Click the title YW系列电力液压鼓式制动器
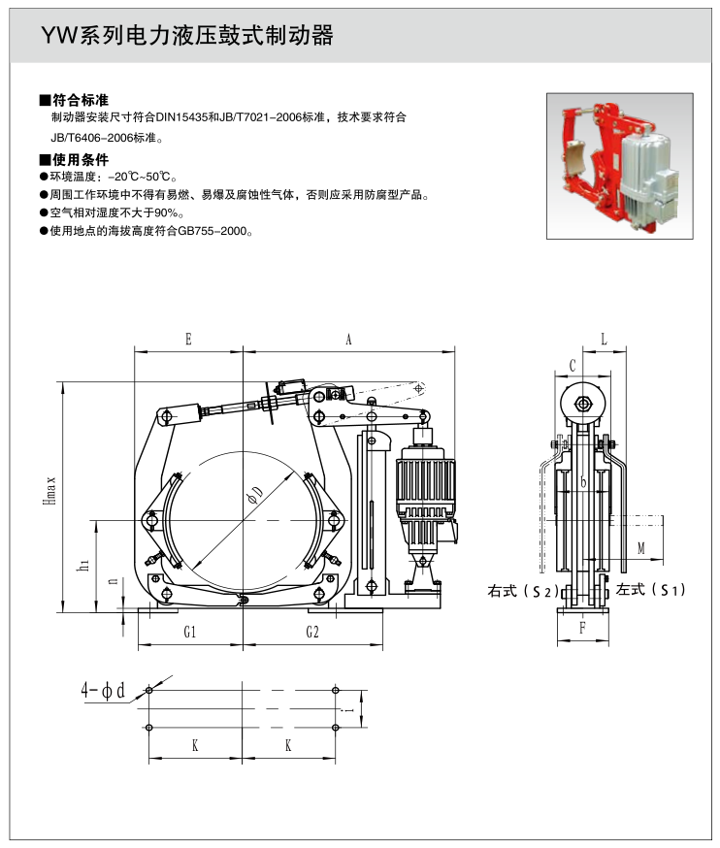[x=186, y=37]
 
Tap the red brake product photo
[x=618, y=165]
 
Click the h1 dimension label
[x=84, y=563]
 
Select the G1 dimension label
[x=190, y=632]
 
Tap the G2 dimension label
[x=312, y=632]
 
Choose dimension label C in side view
[x=573, y=366]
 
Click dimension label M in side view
[x=641, y=548]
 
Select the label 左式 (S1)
[x=652, y=590]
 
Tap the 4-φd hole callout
[x=104, y=691]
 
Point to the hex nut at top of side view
[x=582, y=404]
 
